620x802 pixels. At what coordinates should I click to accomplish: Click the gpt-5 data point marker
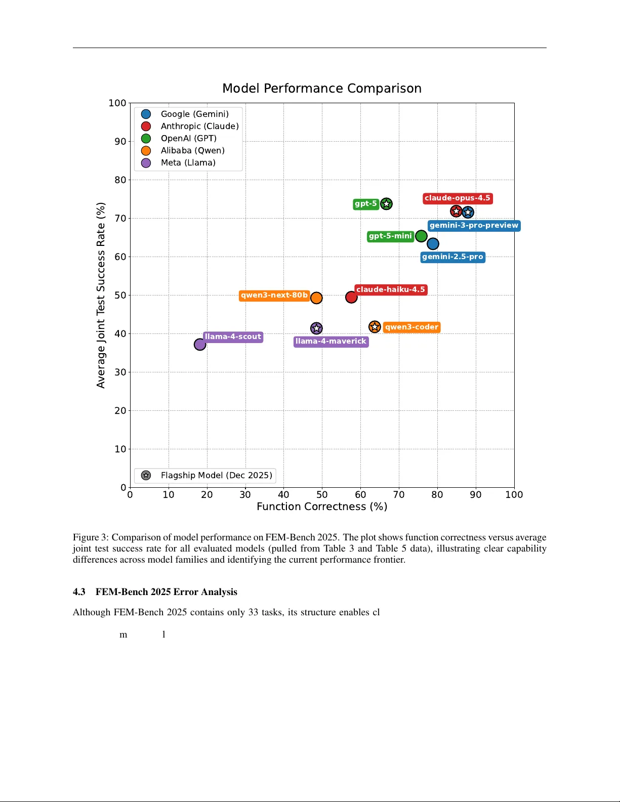[x=386, y=204]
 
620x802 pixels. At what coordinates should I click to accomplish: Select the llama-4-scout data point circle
[x=200, y=345]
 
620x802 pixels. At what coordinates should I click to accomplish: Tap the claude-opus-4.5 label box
[x=457, y=198]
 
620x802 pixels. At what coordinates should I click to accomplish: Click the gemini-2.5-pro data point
[x=433, y=244]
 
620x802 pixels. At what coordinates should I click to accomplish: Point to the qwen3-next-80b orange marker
[x=316, y=298]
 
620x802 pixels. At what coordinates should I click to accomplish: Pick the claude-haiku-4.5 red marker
[x=351, y=298]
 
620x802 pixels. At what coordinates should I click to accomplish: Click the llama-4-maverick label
[x=330, y=342]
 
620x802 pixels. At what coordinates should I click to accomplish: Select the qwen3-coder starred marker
[x=375, y=327]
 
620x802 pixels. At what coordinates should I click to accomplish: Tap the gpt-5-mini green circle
[x=421, y=236]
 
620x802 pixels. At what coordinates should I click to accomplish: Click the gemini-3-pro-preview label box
[x=474, y=226]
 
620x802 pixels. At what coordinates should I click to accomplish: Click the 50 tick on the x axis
[x=322, y=495]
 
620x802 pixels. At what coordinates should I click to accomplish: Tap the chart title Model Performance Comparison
[x=322, y=89]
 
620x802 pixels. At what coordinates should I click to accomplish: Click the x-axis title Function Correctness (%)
[x=322, y=507]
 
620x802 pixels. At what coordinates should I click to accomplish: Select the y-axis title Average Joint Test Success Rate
[x=101, y=296]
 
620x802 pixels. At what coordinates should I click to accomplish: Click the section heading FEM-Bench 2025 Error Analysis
[x=166, y=592]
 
